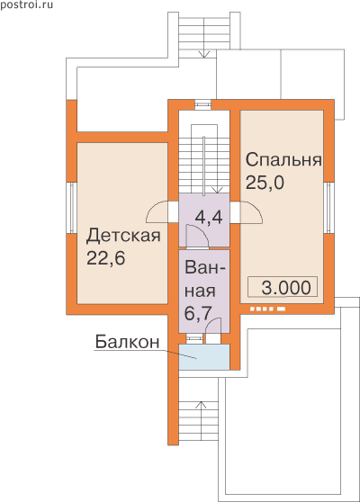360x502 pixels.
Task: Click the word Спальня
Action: (283, 160)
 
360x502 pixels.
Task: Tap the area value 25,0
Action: (265, 183)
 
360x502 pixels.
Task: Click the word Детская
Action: (123, 236)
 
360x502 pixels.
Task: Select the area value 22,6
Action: (105, 258)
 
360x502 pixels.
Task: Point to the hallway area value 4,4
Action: (209, 218)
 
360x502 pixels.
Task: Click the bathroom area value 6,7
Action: (199, 314)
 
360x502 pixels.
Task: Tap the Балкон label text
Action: (127, 342)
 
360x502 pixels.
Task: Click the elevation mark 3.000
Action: (286, 287)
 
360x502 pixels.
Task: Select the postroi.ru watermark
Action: (27, 5)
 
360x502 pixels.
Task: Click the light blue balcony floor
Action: (204, 357)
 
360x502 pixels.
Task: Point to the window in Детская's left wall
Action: (72, 208)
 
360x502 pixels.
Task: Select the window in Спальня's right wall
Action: (329, 208)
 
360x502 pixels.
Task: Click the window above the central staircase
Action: (203, 104)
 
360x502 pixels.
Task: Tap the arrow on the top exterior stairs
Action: (203, 53)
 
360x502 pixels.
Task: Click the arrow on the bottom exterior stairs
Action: (201, 405)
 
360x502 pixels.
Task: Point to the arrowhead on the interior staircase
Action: (218, 190)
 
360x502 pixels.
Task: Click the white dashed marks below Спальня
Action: (267, 309)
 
